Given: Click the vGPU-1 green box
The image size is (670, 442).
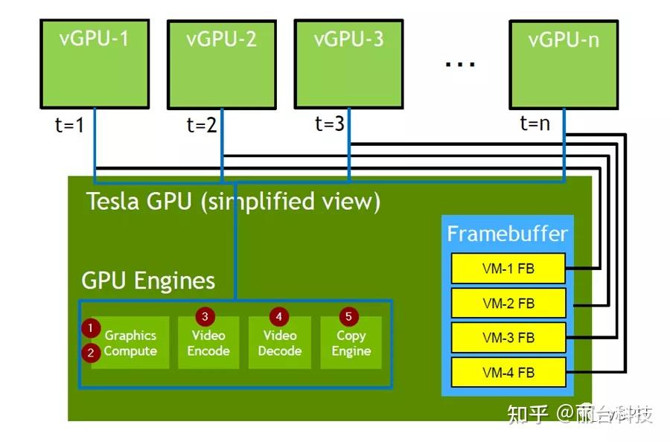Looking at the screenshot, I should click(x=94, y=63).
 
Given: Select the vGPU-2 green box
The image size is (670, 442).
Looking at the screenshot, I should click(x=221, y=64).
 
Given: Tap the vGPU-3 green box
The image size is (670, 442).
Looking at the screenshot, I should click(x=348, y=63).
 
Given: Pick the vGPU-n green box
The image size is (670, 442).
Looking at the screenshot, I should click(x=564, y=64).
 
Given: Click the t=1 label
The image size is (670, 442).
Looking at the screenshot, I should click(x=69, y=125).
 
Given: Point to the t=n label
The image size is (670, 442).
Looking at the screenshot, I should click(x=535, y=124).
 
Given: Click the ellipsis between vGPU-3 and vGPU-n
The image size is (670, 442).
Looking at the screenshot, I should click(x=460, y=64).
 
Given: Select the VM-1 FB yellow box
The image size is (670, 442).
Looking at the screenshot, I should click(x=508, y=268).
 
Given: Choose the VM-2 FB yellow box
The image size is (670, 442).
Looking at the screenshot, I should click(x=508, y=303).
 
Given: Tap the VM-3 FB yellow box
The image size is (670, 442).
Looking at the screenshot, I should click(x=508, y=337).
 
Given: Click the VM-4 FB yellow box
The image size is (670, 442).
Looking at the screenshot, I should click(x=508, y=372).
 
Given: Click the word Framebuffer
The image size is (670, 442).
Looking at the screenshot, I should click(x=507, y=234).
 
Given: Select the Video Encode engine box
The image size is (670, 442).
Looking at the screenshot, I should click(x=208, y=343).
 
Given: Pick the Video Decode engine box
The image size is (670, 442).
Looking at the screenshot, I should click(x=279, y=343).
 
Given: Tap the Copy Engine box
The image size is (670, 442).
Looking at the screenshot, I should click(x=351, y=343).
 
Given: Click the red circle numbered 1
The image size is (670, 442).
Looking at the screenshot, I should click(x=91, y=327).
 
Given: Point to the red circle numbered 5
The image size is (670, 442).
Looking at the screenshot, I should click(x=348, y=316).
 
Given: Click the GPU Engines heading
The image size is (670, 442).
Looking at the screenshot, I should click(x=148, y=281).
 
